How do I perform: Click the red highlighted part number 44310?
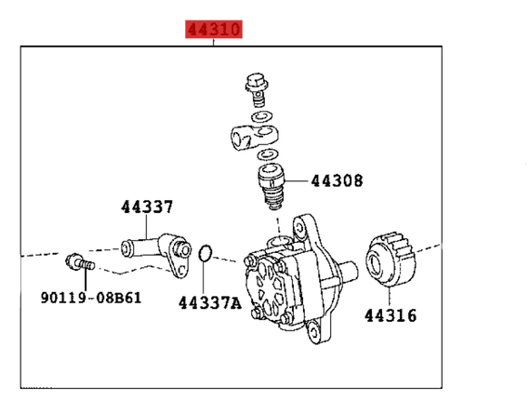pos(214,30)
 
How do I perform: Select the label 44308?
pos(337,180)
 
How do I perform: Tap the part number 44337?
pos(146,208)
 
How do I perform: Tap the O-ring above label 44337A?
pos(208,253)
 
